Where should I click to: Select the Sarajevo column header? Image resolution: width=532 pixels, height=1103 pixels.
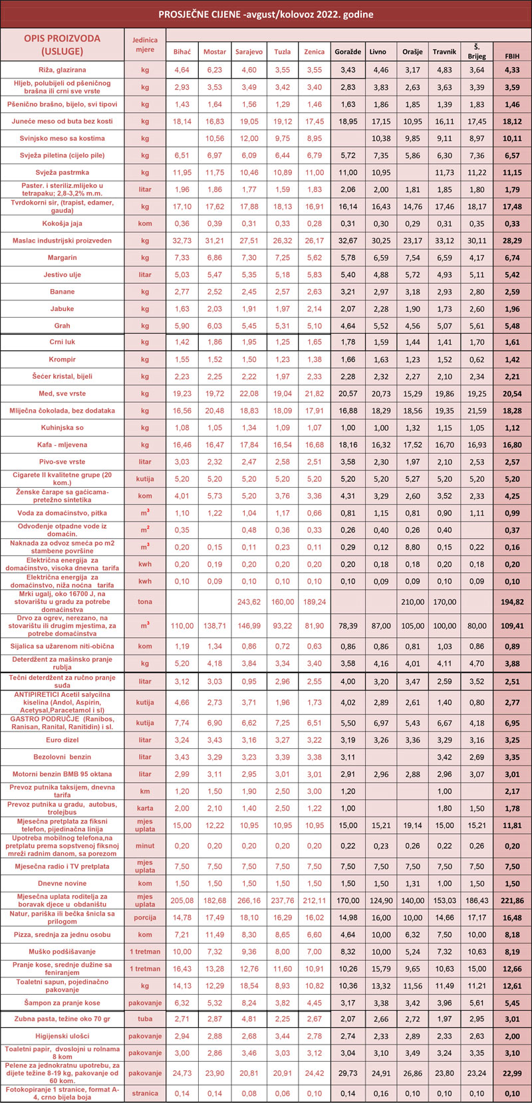(x=249, y=52)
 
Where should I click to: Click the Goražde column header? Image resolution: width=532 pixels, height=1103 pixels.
(x=348, y=52)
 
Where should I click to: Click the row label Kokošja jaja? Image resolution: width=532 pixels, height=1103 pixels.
(x=63, y=223)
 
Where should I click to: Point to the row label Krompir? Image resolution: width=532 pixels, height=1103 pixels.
(x=63, y=359)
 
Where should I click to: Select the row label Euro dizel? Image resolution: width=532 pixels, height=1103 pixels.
(x=63, y=740)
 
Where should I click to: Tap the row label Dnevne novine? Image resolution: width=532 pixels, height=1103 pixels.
(x=63, y=884)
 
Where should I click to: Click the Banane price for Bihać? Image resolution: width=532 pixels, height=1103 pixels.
(x=182, y=292)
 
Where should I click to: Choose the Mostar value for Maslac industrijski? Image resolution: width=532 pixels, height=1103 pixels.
(x=214, y=241)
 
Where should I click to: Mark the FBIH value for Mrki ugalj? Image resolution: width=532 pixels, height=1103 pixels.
(x=512, y=602)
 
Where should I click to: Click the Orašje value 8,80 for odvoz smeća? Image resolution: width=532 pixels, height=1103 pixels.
(x=412, y=547)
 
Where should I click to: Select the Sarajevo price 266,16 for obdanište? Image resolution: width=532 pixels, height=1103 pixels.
(x=249, y=900)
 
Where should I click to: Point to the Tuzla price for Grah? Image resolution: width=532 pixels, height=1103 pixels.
(x=283, y=326)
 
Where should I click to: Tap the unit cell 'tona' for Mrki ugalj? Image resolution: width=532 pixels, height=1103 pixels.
(x=145, y=602)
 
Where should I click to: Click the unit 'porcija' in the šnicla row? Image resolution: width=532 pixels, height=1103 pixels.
(x=145, y=918)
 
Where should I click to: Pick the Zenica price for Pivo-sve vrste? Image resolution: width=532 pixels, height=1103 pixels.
(x=315, y=462)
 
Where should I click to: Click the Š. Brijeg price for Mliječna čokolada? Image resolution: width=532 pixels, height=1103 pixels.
(x=477, y=411)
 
